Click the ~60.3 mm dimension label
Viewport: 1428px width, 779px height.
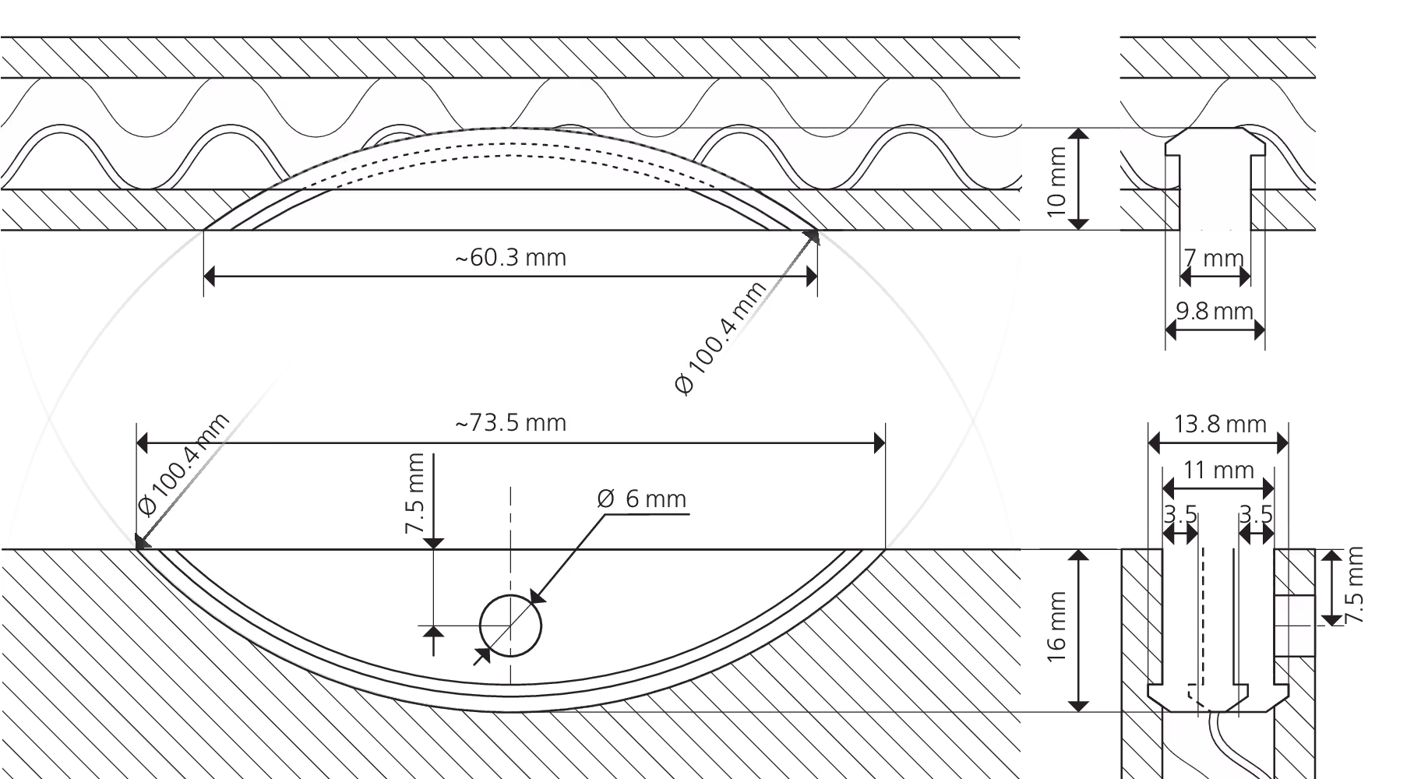pos(510,257)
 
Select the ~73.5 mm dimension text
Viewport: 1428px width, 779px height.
pos(510,423)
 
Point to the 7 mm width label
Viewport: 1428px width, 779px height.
pos(1213,257)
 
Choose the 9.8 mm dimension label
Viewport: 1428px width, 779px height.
pos(1215,311)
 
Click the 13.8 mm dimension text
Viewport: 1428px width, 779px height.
pos(1220,424)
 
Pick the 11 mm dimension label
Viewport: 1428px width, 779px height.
pos(1219,470)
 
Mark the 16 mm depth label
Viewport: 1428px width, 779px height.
pos(1056,627)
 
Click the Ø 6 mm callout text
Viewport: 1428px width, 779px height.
pos(642,499)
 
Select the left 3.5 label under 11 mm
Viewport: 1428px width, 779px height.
pos(1180,515)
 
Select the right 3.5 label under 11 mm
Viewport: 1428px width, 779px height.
pos(1256,515)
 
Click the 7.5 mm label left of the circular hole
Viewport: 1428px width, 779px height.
pos(415,494)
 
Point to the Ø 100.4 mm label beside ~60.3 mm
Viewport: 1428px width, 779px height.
pos(721,338)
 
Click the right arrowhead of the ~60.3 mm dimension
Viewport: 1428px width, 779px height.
pos(810,277)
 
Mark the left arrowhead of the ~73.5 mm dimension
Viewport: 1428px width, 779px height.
pos(144,443)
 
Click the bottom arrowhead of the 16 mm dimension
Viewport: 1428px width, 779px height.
pos(1077,704)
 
